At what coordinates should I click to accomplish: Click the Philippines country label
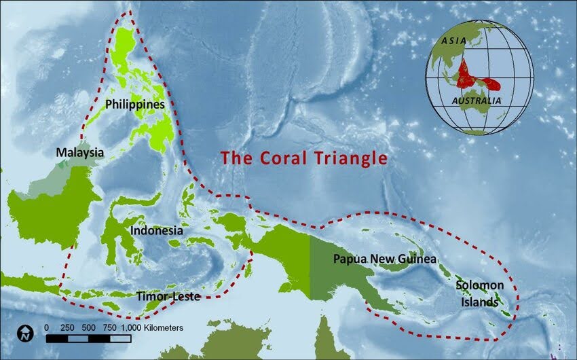135,105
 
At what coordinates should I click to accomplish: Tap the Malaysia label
80,152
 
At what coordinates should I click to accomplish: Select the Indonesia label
157,230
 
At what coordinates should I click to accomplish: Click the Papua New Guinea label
384,259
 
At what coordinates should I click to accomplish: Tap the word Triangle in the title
351,158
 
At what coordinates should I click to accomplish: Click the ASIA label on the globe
454,40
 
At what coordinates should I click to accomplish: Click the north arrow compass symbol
25,333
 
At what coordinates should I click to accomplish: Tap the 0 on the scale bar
46,327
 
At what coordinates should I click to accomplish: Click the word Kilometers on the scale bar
162,327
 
